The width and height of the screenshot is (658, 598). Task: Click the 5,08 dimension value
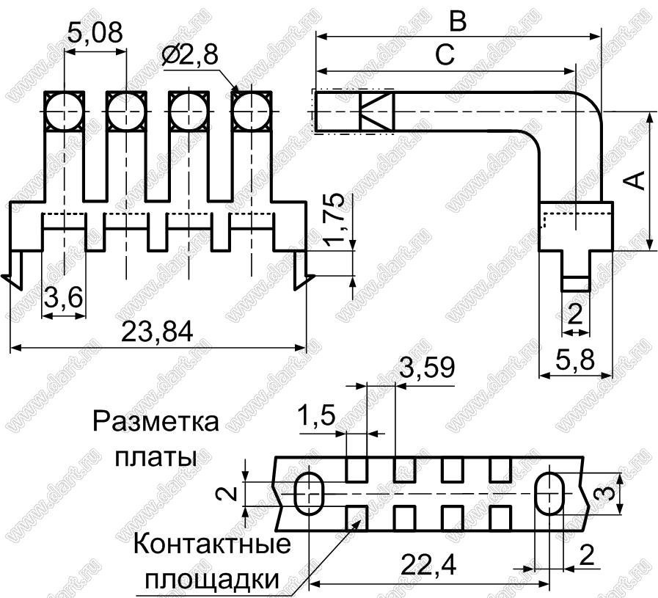pyautogui.click(x=95, y=32)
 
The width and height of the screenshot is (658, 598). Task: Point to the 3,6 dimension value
pyautogui.click(x=63, y=299)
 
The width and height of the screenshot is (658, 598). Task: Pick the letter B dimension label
pyautogui.click(x=458, y=21)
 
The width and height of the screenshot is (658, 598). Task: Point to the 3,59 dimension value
pyautogui.click(x=426, y=366)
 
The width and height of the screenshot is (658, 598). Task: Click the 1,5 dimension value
pyautogui.click(x=317, y=416)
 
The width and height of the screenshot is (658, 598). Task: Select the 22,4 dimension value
pyautogui.click(x=429, y=565)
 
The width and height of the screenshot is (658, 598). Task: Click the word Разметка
pyautogui.click(x=156, y=424)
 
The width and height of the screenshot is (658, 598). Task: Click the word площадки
pyautogui.click(x=213, y=579)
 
